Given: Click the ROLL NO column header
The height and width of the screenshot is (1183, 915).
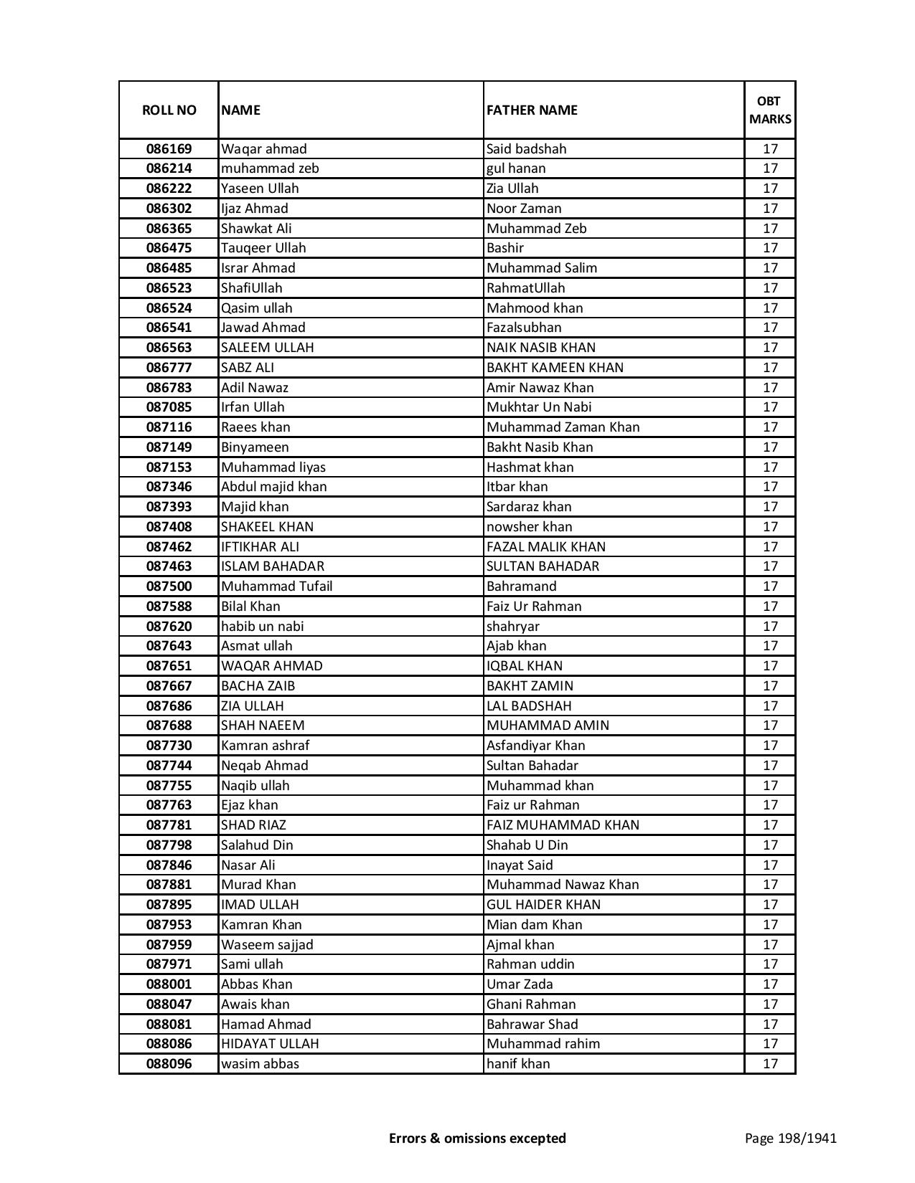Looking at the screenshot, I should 169,110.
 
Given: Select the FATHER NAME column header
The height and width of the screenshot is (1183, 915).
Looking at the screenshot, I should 532,110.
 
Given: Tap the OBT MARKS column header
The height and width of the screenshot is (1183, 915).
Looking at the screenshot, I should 770,110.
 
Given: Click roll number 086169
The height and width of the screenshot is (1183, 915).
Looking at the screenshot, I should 169,149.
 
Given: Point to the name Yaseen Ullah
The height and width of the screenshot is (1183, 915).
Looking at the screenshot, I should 260,189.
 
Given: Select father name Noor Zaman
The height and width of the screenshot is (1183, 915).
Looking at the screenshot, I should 524,209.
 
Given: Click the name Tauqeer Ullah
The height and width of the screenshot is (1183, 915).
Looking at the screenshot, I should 263,248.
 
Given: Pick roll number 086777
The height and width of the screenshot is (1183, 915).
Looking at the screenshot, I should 169,368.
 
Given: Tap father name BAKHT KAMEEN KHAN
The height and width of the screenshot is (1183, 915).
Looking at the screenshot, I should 555,368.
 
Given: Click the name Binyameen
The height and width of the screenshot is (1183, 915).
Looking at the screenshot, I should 255,447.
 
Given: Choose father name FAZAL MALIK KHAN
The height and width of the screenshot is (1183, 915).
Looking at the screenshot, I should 546,547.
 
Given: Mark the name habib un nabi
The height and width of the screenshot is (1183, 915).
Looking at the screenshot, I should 262,627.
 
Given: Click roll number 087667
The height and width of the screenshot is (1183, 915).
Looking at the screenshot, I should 169,686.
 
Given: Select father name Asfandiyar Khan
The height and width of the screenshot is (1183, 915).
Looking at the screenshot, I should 535,746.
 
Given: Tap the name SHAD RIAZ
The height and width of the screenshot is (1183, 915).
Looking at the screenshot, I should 253,825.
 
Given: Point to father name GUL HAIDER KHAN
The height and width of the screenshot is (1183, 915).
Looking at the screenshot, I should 543,905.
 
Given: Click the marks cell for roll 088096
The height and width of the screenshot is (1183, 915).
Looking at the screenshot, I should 770,1064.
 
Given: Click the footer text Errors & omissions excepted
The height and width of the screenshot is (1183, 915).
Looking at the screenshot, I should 477,1138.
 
